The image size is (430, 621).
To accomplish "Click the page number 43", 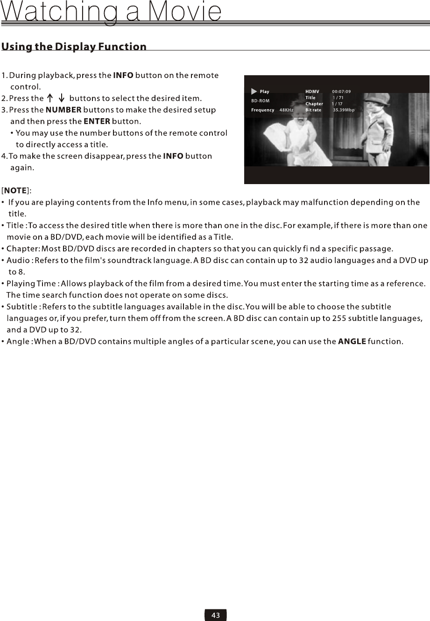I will (216, 615).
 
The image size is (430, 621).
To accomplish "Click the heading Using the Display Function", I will (74, 47).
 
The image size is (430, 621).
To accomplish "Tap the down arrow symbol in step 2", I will (62, 98).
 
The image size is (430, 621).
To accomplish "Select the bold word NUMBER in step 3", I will (63, 110).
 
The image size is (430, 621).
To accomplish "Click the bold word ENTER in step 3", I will (97, 121).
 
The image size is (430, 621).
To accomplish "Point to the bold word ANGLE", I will (352, 341).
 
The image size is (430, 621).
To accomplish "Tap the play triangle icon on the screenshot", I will (254, 92).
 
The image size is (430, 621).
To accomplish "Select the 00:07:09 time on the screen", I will (341, 92).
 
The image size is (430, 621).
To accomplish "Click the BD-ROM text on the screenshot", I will (260, 101).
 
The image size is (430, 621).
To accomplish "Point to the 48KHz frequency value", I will (286, 110).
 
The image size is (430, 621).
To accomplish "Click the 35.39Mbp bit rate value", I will (344, 110).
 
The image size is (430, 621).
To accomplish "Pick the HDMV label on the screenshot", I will (312, 92).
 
